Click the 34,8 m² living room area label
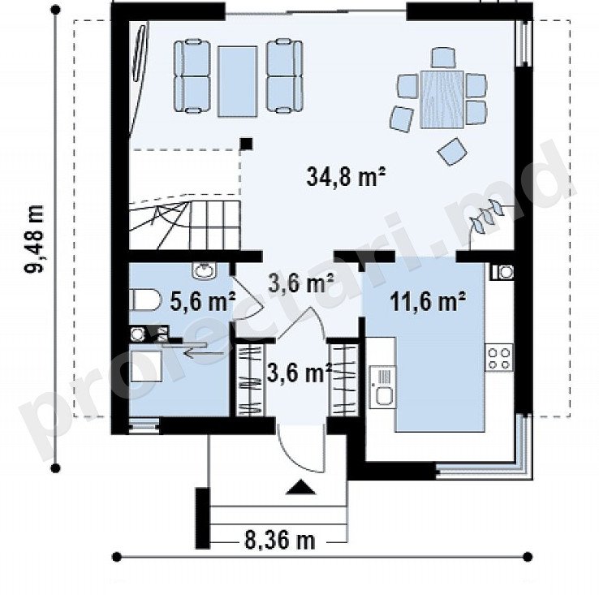click(x=346, y=176)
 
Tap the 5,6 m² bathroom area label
click(x=202, y=301)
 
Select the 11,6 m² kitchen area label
click(x=428, y=302)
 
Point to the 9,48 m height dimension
click(x=34, y=239)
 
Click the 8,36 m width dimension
click(x=280, y=541)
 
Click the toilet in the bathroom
click(x=144, y=300)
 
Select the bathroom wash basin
click(x=205, y=270)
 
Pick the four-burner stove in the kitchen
click(x=499, y=358)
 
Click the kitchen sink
click(x=383, y=386)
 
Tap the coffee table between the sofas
click(x=237, y=81)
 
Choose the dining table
click(x=442, y=99)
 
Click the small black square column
click(x=247, y=144)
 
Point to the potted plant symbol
click(x=487, y=216)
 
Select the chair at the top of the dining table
click(x=443, y=58)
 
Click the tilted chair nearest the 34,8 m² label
click(x=452, y=152)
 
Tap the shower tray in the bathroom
click(x=146, y=366)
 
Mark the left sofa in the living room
click(x=192, y=76)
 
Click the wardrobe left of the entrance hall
click(x=250, y=380)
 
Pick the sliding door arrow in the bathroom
click(x=204, y=353)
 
